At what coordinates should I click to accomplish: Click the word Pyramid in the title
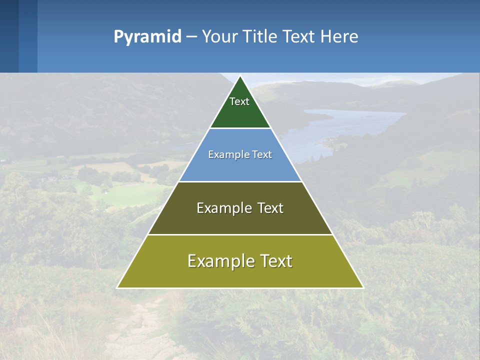point(147,36)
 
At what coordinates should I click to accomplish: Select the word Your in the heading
point(219,36)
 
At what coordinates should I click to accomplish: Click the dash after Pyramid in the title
point(191,36)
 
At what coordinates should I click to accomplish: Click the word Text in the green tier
point(239,101)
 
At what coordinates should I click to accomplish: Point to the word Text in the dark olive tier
point(270,208)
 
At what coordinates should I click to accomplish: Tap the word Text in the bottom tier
point(274,261)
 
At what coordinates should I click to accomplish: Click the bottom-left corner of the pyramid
point(118,287)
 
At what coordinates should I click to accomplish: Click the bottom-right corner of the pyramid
point(362,287)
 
